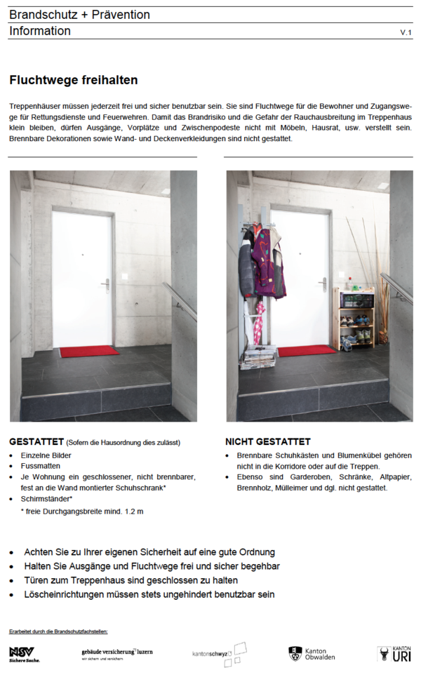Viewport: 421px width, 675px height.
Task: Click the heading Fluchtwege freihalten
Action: tap(74, 81)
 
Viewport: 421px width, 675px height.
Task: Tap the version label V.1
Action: tap(406, 33)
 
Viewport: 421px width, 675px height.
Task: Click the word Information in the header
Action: tap(40, 31)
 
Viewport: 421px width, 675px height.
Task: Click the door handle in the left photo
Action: tap(106, 283)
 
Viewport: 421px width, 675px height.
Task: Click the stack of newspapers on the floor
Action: tap(258, 358)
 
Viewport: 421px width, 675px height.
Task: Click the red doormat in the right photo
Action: tap(307, 350)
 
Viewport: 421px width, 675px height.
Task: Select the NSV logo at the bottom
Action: tap(25, 654)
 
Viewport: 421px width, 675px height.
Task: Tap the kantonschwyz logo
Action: tap(220, 653)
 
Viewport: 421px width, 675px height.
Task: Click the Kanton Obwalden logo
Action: tap(312, 654)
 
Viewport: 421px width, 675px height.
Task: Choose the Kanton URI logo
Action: tap(394, 654)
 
